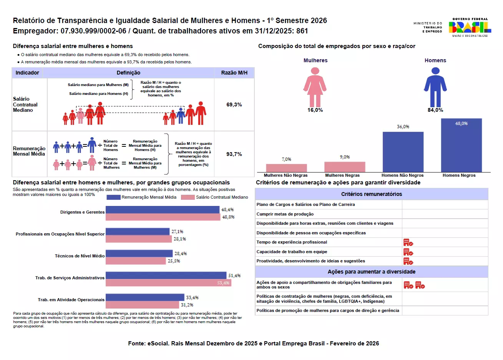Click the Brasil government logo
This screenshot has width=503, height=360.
point(470,27)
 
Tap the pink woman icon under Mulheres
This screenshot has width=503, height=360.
point(315,87)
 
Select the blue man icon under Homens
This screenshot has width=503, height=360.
point(435,87)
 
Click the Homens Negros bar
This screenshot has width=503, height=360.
point(461,145)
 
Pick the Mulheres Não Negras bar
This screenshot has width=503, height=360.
point(286,168)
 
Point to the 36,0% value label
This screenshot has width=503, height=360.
point(403,127)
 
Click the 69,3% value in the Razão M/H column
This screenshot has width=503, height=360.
point(234,105)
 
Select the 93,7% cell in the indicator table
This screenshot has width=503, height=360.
point(234,154)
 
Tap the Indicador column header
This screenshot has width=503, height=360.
point(27,73)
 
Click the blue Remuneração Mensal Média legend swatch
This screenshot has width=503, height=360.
point(113,197)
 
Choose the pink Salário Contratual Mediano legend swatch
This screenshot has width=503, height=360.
point(188,197)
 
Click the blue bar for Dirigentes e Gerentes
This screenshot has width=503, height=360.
point(163,209)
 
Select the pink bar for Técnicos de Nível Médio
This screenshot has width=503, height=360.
point(136,261)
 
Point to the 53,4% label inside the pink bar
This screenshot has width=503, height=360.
point(223,283)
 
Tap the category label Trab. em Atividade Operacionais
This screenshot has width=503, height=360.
point(71,300)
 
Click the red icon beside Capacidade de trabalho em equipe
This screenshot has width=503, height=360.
point(408,252)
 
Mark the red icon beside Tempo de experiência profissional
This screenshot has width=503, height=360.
point(408,242)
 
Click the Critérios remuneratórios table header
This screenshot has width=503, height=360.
point(372,194)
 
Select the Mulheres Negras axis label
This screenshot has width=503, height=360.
point(342,175)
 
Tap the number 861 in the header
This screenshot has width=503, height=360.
point(302,31)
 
